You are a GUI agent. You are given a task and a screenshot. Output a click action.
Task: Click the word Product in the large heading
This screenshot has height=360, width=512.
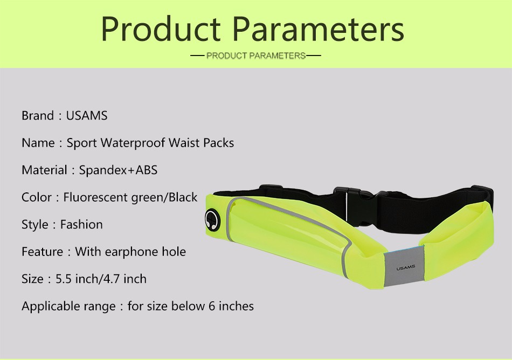(161, 30)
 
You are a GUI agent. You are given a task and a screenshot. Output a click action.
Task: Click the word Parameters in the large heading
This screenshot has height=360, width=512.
(319, 30)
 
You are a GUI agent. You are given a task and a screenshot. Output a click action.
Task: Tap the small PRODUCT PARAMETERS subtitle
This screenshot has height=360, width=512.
(256, 56)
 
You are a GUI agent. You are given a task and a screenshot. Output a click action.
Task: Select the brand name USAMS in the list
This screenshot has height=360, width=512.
(87, 115)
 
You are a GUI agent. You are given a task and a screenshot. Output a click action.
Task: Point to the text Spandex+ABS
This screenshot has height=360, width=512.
(118, 170)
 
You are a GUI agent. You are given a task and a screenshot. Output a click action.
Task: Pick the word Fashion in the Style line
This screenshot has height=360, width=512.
(81, 225)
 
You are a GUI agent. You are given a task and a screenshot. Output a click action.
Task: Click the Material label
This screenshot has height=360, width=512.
(44, 170)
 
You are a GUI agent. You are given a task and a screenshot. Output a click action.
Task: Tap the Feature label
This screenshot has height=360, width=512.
(42, 252)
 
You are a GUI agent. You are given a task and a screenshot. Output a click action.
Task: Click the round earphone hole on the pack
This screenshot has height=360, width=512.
(212, 220)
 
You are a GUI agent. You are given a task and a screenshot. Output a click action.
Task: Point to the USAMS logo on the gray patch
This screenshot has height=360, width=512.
(405, 268)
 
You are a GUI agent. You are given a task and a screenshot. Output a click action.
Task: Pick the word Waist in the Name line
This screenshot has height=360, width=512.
(184, 143)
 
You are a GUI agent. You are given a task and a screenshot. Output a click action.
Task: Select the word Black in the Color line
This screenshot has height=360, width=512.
(183, 197)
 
